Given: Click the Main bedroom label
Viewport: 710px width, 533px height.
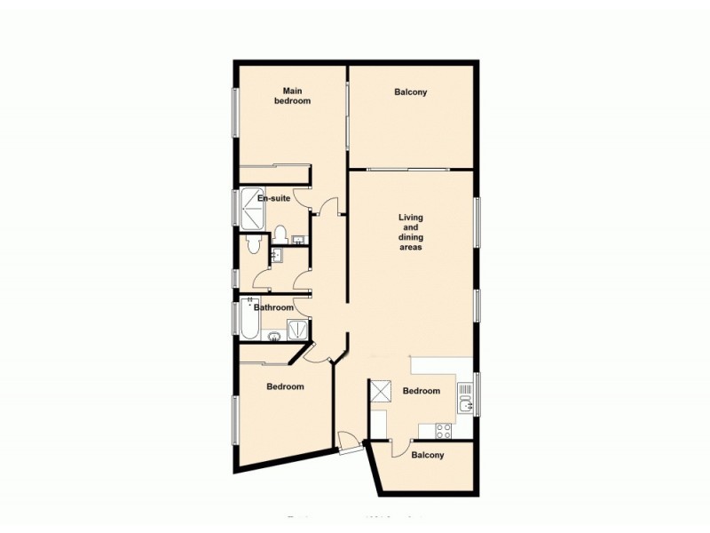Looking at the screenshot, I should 296,96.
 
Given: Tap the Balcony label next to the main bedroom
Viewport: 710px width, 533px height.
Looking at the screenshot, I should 410,91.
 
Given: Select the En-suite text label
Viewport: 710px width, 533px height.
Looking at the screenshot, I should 273,199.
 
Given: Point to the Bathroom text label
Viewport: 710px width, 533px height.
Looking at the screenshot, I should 273,307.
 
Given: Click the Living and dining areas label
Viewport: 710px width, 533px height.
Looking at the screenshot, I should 410,233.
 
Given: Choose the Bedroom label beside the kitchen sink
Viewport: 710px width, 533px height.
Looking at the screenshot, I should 421,391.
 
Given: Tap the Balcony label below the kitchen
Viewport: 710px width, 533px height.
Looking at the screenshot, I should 427,455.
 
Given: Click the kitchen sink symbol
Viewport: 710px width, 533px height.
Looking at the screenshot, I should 466,405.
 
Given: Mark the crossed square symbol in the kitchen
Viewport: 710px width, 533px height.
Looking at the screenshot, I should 382,392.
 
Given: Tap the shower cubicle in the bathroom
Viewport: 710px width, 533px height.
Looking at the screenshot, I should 300,330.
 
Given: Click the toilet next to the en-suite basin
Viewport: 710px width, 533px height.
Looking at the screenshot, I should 280,235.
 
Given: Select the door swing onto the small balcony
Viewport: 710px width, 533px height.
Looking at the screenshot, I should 400,448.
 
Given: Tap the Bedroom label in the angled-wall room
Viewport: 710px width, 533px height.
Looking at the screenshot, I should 285,386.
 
